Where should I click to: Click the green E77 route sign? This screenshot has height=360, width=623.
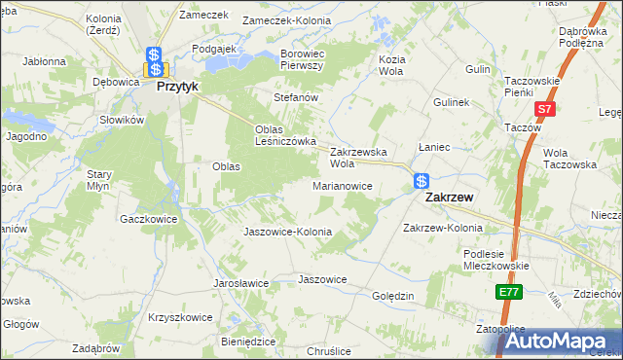pos(508,292)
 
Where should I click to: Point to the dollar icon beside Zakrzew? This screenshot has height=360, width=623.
pos(421,181)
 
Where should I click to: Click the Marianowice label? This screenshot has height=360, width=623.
pos(342,185)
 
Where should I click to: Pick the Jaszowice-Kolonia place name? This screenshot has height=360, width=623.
pos(287,233)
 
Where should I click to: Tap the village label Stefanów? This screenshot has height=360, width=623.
pos(297,98)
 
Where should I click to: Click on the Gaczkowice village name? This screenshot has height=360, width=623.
pos(148,220)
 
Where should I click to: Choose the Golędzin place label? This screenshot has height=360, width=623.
pos(393,295)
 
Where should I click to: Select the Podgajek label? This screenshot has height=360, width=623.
pos(216,48)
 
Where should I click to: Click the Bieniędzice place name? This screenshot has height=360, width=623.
pos(248,342)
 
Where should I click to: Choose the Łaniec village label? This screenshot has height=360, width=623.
pos(432,147)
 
